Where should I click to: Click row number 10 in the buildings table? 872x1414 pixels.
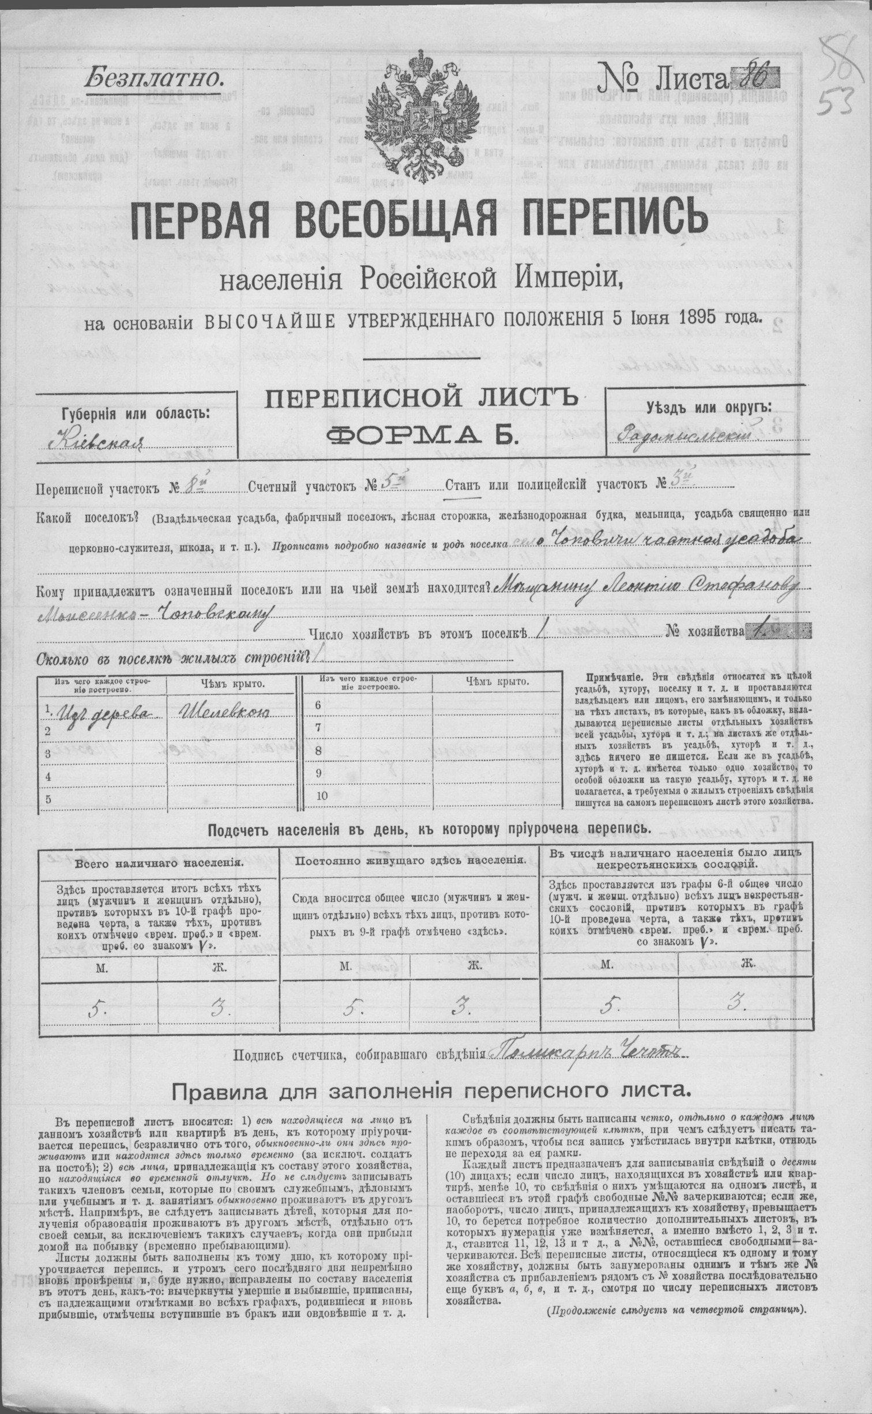point(322,796)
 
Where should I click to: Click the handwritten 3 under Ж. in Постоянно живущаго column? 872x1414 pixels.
point(460,1006)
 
